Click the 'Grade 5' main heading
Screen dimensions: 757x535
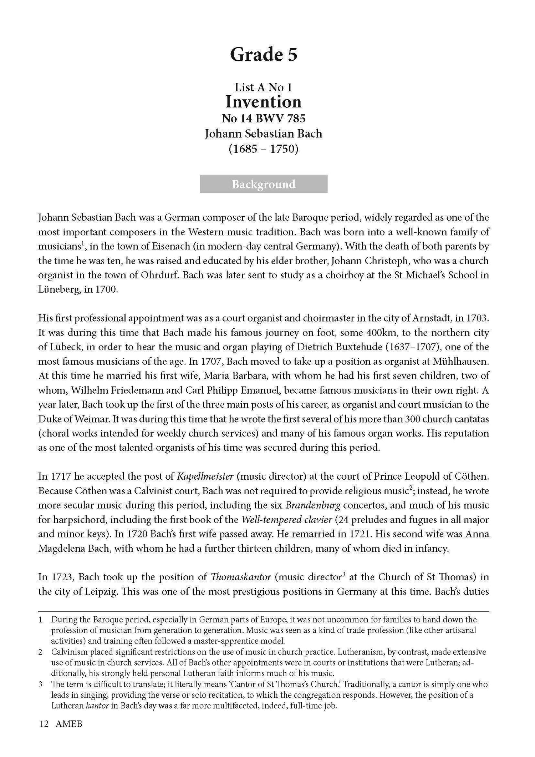(x=264, y=55)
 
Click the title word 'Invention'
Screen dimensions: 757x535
(x=264, y=102)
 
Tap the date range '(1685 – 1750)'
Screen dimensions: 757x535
(x=264, y=148)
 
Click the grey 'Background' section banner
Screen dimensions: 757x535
(x=264, y=184)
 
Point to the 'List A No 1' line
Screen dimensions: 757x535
(x=264, y=87)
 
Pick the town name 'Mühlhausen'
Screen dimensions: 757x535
(x=460, y=361)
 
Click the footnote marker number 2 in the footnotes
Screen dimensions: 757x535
(x=41, y=652)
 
